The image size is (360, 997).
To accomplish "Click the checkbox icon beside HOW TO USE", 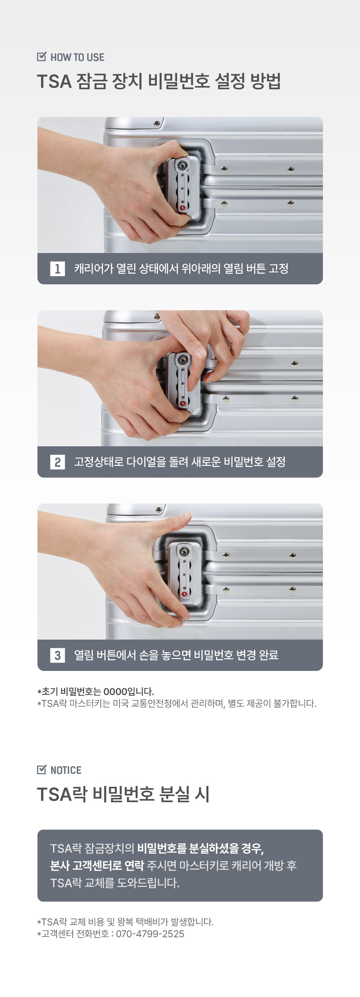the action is coord(41,57).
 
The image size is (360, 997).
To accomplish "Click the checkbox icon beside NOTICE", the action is coord(41,770).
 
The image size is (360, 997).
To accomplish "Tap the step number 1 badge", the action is coord(57,269).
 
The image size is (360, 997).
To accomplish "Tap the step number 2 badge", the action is coord(57,462).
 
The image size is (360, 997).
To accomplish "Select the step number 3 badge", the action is coord(57,655).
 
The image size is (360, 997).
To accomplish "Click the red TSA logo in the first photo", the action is coord(182,208).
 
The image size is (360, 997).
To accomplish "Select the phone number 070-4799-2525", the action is coord(150,934).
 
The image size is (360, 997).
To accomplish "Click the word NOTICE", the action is coord(66,770).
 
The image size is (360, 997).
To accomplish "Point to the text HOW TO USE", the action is coord(77,57).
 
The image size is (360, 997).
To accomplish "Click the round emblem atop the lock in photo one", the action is coord(182,166).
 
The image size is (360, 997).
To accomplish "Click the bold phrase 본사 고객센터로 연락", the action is coord(97,865).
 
